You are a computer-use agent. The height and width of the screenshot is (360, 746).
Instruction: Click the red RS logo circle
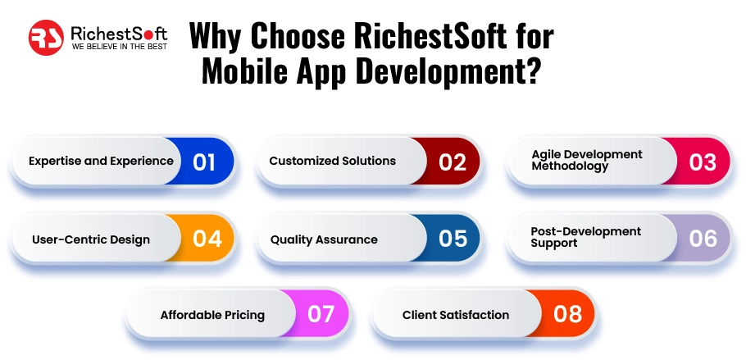tap(47, 38)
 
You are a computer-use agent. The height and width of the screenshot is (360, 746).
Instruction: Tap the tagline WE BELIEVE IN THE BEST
tap(120, 48)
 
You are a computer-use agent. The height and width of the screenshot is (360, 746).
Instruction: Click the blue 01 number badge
tap(204, 162)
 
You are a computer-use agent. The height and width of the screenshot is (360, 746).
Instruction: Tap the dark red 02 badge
tap(453, 162)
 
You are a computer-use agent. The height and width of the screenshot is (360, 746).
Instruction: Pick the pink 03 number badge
tap(703, 162)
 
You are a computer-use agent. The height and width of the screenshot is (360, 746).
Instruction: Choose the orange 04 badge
tap(207, 239)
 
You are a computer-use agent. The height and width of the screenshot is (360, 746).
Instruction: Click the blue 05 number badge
tap(453, 239)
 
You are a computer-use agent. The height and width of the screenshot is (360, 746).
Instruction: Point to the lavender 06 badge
tap(703, 239)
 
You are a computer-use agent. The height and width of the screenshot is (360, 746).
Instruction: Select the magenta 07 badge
tap(321, 315)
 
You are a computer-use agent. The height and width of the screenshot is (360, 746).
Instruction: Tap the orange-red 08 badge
tap(567, 315)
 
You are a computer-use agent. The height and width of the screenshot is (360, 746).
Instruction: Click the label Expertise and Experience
tap(101, 162)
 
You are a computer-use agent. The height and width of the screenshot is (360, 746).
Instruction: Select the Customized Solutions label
tap(333, 162)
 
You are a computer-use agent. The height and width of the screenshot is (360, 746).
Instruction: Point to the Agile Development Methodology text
tap(586, 160)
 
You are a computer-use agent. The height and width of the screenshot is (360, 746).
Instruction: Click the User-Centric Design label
tap(91, 240)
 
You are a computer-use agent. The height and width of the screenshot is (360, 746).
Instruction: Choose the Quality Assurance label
tap(324, 240)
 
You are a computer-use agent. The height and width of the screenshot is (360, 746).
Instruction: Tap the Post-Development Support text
tap(585, 238)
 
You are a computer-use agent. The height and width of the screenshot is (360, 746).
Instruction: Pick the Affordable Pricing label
tap(212, 315)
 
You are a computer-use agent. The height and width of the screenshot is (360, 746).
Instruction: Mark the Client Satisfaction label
tap(456, 315)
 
